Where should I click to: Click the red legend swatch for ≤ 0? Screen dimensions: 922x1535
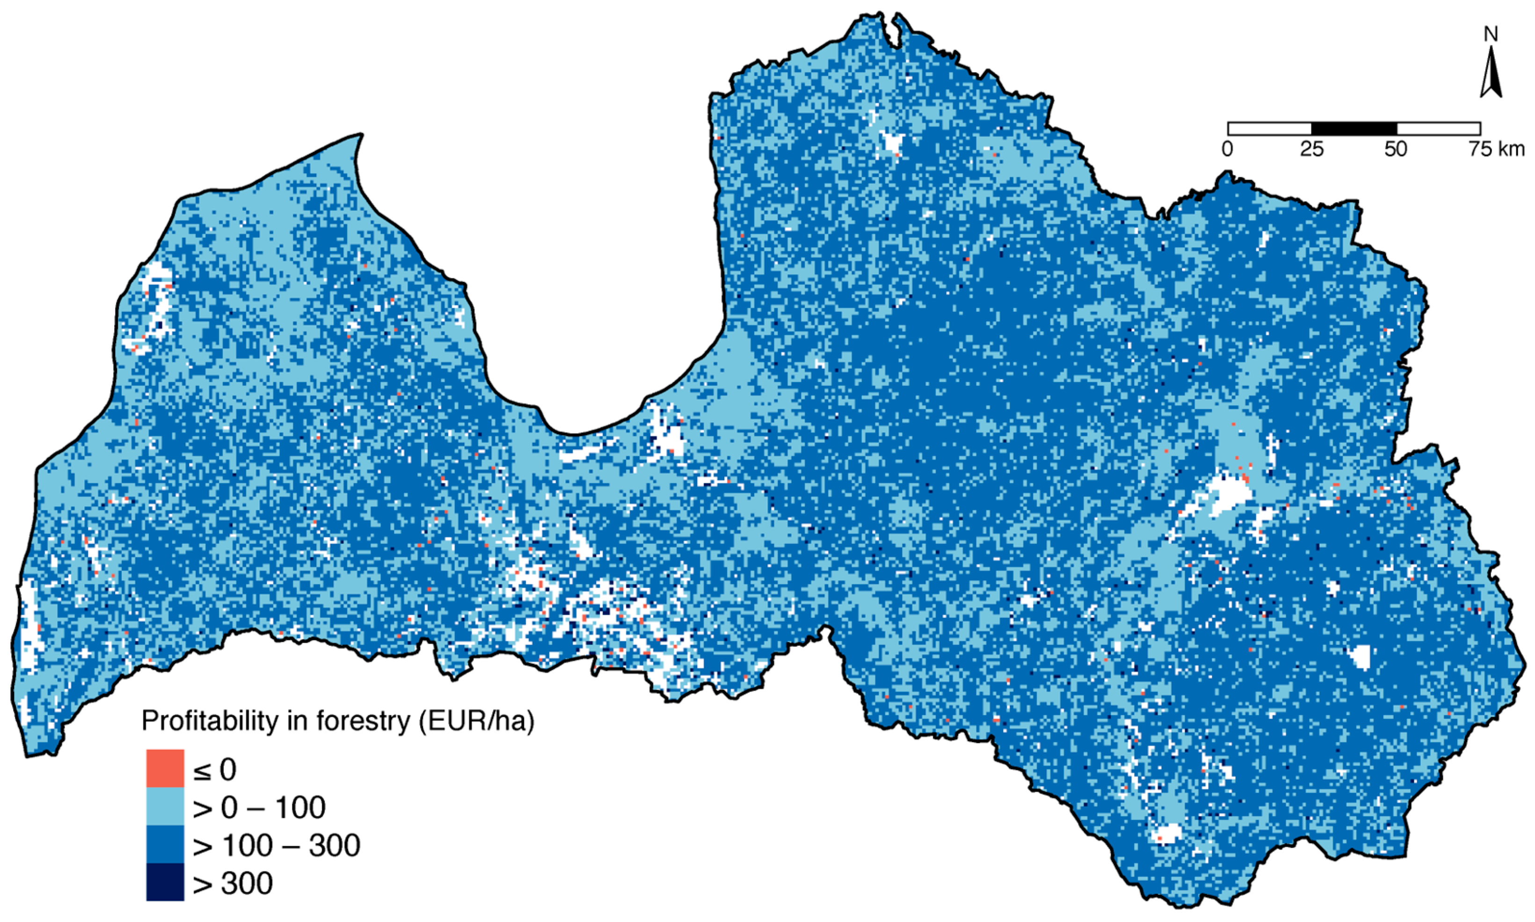(x=165, y=769)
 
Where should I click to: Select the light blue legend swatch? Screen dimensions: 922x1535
(x=165, y=806)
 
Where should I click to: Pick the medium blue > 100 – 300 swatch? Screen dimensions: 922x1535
(x=165, y=844)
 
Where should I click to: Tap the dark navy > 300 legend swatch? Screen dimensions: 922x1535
(x=165, y=882)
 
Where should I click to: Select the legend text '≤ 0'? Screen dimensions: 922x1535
(x=215, y=770)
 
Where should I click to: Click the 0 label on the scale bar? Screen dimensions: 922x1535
(x=1228, y=150)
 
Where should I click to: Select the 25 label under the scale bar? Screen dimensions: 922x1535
(x=1311, y=150)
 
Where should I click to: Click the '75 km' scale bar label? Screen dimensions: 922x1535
(x=1497, y=150)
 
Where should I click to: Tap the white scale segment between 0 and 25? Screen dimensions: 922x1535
(x=1270, y=129)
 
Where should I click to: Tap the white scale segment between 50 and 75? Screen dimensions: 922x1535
(x=1438, y=129)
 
